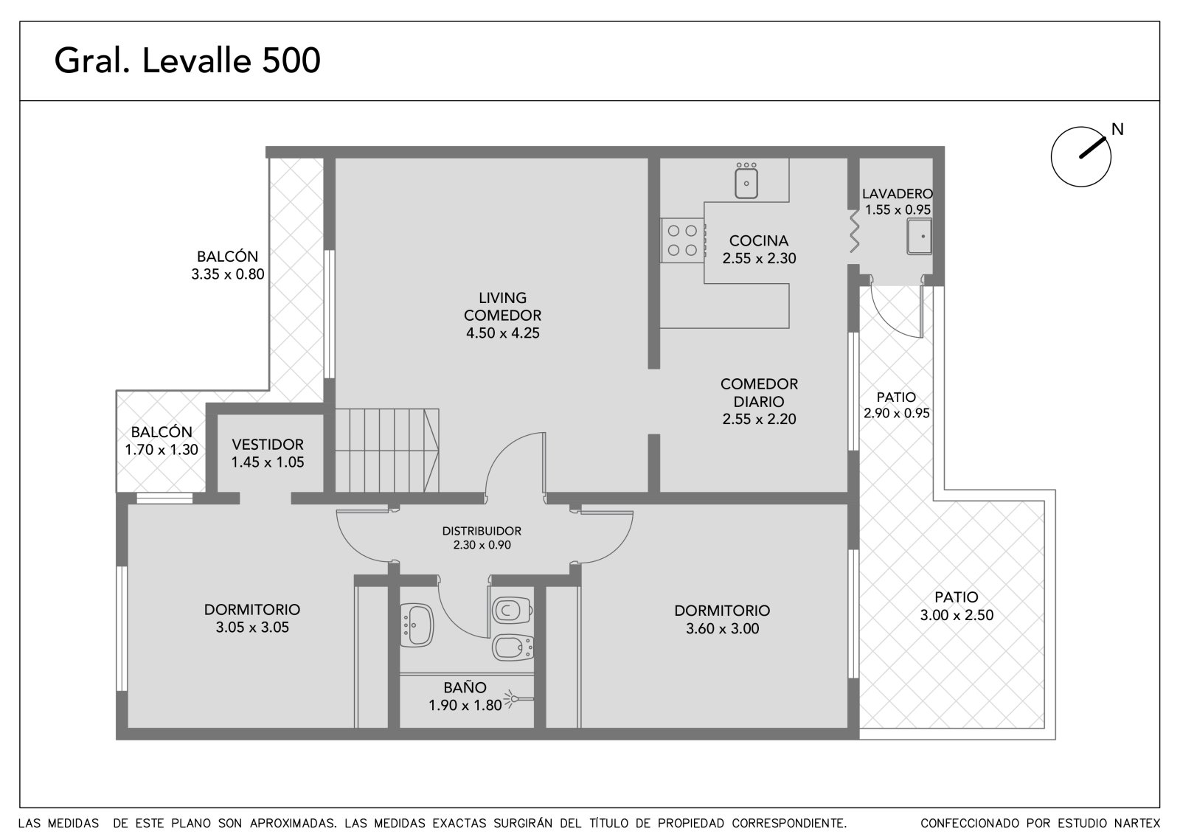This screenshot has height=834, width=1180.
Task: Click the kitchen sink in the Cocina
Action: pos(746,181)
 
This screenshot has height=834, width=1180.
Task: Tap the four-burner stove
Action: pos(683,240)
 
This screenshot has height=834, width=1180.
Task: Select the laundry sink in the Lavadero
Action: pos(919,237)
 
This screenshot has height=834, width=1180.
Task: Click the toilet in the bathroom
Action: pos(512,610)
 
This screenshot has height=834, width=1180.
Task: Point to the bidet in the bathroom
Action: pos(513,647)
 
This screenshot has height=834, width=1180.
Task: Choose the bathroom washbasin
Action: pos(417,625)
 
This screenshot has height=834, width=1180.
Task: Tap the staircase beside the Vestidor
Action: pos(386,451)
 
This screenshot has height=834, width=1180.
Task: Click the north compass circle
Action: pos(1080,156)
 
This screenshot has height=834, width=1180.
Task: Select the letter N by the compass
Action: pos(1117,129)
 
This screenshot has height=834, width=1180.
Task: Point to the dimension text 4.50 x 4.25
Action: pos(502,333)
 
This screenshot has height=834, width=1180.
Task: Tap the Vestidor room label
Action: pos(268,444)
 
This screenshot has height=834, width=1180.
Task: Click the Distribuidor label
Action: pos(482,531)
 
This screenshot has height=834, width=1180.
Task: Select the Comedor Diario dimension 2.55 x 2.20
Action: pos(759,419)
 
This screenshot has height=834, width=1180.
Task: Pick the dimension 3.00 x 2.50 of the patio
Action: pos(957,615)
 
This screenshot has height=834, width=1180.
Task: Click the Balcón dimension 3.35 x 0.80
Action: pos(228,274)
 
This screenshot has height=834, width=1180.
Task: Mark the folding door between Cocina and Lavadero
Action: pos(854,232)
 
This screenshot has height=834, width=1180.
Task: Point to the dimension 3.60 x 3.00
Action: pos(722,628)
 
